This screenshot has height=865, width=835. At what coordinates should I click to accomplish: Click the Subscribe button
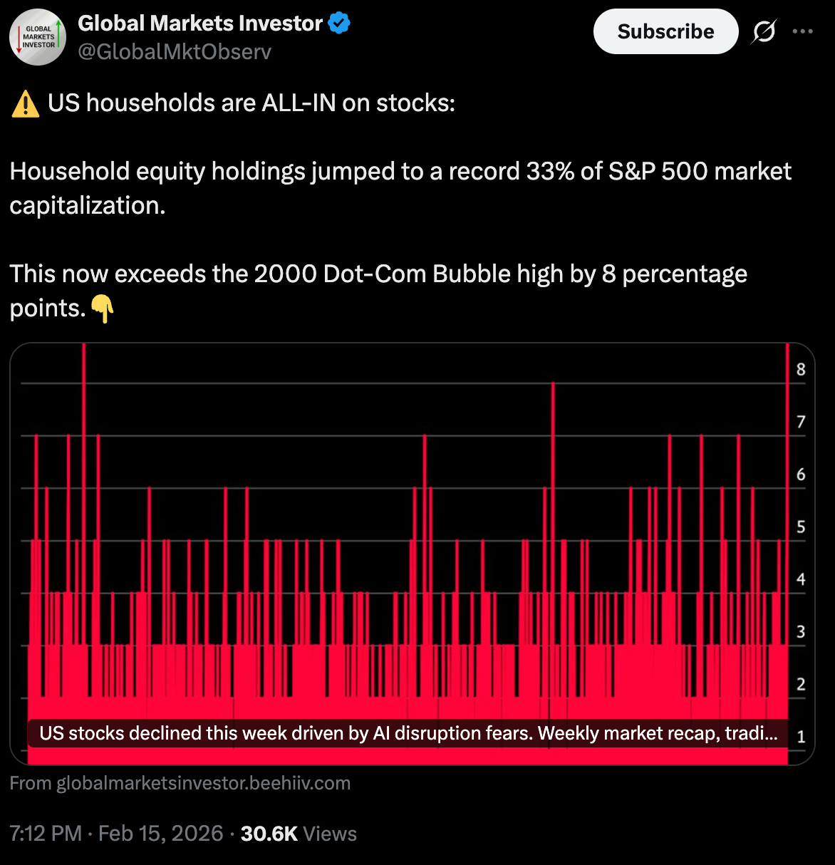665,32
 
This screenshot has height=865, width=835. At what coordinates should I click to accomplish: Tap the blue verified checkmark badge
339,24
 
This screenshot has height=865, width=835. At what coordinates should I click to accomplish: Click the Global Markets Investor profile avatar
38,37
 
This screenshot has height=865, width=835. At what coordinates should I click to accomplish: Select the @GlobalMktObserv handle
175,52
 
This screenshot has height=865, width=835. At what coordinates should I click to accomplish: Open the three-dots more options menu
802,31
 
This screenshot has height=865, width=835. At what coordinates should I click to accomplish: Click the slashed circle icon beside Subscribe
764,32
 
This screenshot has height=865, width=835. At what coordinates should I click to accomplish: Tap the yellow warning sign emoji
26,104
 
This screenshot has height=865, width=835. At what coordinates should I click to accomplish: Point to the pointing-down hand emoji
103,309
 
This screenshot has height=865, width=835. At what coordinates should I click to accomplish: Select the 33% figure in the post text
548,172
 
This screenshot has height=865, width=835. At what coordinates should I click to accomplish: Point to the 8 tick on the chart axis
801,370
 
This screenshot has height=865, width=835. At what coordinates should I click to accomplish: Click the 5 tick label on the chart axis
801,527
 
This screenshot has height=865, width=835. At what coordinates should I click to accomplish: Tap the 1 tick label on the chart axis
801,737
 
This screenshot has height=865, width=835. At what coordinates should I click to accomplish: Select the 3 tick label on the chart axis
801,632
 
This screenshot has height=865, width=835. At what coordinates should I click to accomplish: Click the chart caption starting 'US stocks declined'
408,734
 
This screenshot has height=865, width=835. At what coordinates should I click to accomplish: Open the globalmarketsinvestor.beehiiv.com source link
203,784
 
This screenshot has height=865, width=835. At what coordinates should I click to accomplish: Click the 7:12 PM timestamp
46,834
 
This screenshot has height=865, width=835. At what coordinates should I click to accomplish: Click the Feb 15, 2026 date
161,834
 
